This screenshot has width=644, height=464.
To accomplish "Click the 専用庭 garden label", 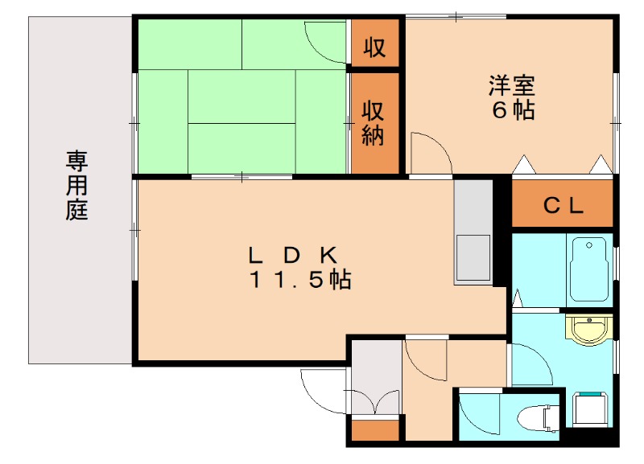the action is [76, 186].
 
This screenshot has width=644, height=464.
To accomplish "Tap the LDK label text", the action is [293, 255].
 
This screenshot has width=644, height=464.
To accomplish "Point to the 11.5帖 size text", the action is [300, 279].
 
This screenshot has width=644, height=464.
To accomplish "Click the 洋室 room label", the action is [512, 85].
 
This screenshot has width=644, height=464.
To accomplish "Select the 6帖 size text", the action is [513, 109].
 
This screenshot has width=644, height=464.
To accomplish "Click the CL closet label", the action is [563, 206].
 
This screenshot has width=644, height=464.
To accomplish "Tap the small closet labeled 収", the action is [375, 43].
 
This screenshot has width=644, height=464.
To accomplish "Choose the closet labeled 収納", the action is [375, 124].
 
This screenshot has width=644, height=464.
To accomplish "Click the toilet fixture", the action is [538, 418].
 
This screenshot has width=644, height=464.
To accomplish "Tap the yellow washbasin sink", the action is [589, 328].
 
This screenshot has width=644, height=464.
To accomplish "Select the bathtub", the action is [589, 269].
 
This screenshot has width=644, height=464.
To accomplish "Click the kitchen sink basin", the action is [473, 258].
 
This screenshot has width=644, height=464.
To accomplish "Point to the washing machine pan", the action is [591, 409].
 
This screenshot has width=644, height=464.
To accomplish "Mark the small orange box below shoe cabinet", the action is [375, 430].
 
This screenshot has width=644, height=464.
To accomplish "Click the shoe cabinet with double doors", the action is [375, 377].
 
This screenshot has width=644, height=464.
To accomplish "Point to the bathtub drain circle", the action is [589, 245].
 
